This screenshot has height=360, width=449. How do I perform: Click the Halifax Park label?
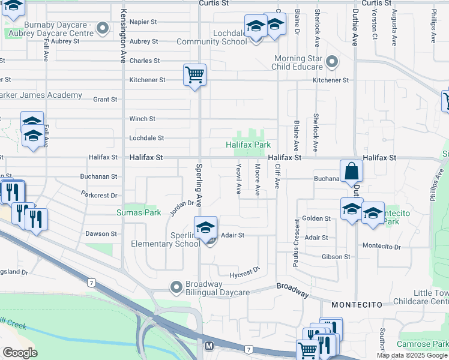[248, 145]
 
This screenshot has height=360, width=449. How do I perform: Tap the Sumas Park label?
[139, 212]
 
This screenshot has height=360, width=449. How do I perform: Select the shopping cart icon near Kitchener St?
[194, 76]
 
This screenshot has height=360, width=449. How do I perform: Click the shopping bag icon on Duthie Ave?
[351, 171]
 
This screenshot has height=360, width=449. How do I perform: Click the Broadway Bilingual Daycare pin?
[176, 288]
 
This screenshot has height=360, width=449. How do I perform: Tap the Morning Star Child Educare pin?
[331, 62]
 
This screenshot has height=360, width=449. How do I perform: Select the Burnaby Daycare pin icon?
[103, 28]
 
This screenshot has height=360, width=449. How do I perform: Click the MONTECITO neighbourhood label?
[357, 305]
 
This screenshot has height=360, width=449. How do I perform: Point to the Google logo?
[20, 353]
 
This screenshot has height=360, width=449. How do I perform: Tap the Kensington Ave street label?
[122, 36]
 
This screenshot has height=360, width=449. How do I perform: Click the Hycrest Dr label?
[246, 272]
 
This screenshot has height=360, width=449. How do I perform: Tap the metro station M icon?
[209, 346]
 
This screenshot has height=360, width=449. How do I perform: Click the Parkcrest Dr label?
[100, 195]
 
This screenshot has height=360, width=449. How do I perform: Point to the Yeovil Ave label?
[239, 179]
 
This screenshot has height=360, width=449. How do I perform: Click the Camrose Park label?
[422, 344]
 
